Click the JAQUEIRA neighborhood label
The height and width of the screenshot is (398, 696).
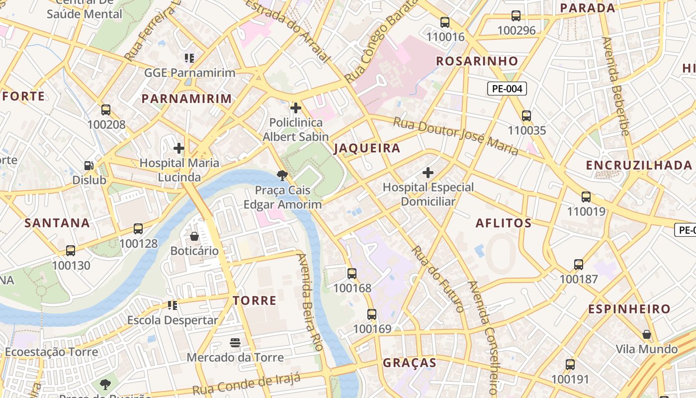(x=367, y=148)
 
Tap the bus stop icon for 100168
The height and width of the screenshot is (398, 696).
(x=352, y=273)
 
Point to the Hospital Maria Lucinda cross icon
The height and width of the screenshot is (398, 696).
(x=179, y=148)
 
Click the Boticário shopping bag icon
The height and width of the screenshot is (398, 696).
(x=194, y=236)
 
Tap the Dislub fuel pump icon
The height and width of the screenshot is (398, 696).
(x=88, y=165)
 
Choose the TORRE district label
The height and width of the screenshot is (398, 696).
(x=255, y=300)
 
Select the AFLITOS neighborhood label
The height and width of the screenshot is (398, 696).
(x=504, y=223)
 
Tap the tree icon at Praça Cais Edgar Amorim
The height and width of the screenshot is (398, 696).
(x=282, y=175)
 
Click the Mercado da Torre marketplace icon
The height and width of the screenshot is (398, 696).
(x=235, y=342)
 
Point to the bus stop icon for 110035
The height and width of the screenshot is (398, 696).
(x=526, y=116)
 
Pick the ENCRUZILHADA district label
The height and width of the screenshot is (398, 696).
(x=639, y=166)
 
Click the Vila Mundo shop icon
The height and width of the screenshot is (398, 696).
(x=646, y=334)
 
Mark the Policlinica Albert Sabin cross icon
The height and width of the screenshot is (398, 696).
(x=296, y=107)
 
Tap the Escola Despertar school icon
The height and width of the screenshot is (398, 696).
(x=173, y=305)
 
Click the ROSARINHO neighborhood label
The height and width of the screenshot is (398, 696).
(x=477, y=61)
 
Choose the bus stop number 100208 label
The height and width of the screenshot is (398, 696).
(x=106, y=124)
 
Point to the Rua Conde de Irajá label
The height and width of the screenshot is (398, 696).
(x=247, y=384)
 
